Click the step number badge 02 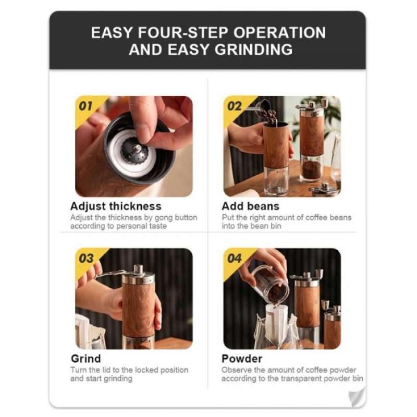[x=235, y=106]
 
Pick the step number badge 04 [x=235, y=259]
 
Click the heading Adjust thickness [x=116, y=206]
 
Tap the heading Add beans [x=250, y=206]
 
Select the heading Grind [x=85, y=359]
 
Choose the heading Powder [x=242, y=359]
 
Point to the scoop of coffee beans [x=267, y=114]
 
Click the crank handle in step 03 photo [x=112, y=274]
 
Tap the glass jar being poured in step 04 [x=270, y=284]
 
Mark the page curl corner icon [x=356, y=396]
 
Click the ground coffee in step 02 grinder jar [x=312, y=168]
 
